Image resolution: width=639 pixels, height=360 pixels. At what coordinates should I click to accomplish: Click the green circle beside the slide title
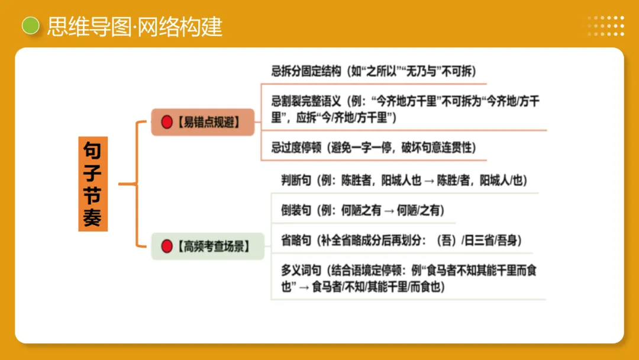(30, 25)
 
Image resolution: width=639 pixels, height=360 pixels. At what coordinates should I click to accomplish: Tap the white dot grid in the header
(605, 26)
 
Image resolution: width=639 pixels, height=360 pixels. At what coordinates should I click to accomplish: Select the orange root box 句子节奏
(93, 184)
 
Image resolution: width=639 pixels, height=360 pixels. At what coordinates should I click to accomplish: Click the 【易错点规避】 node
(202, 123)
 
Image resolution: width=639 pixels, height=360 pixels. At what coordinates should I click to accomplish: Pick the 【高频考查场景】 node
(207, 246)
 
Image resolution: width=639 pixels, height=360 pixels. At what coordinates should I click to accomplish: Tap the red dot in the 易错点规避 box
(167, 123)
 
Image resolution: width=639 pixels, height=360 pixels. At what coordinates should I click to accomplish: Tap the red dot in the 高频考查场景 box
(167, 246)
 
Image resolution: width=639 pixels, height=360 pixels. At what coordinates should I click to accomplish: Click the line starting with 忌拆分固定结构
(373, 72)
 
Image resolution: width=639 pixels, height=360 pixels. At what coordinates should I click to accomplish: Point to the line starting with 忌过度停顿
(373, 147)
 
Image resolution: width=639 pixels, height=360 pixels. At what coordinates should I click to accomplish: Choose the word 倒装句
(296, 210)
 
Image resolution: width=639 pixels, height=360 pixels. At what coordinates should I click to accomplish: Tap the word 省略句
(296, 240)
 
